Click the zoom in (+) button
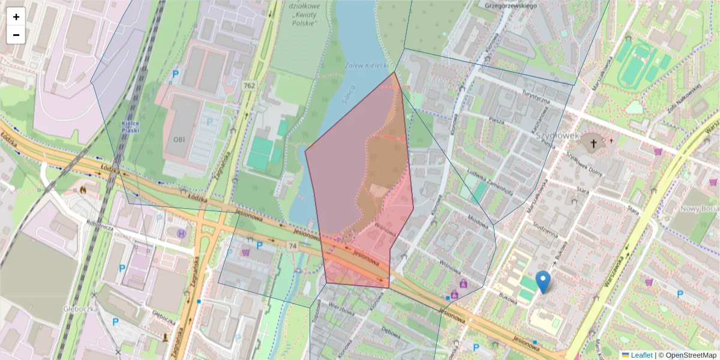pos(16,17)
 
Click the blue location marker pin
pos(543,281)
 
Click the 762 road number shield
pos(249,86)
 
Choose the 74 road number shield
pos(292,246)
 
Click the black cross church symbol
pos(594,143)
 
